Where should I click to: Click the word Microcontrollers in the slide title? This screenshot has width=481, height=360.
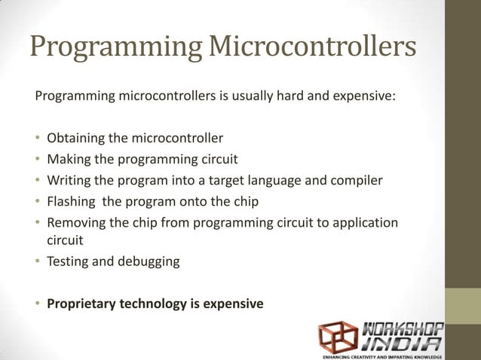[311, 47]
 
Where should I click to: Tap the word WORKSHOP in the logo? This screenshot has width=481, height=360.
[403, 330]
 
